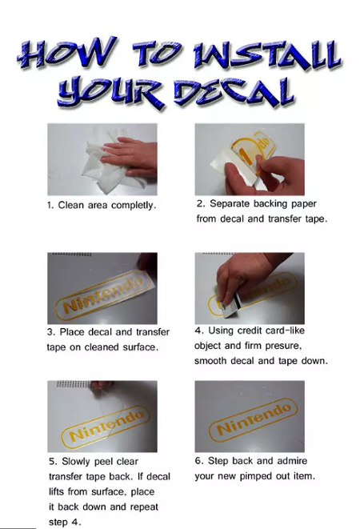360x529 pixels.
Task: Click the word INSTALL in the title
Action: pos(266,57)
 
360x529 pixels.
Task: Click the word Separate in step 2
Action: pos(230,204)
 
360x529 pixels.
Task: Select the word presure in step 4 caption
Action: pos(283,347)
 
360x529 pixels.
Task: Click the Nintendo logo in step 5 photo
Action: pos(106,427)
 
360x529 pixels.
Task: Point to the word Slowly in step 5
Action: pos(76,462)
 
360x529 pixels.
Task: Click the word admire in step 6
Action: pos(291,461)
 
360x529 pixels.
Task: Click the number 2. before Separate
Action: pos(201,204)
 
